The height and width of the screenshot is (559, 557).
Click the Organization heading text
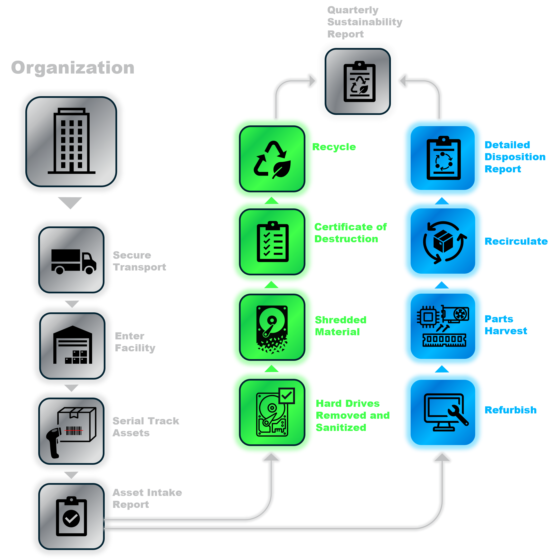click(73, 68)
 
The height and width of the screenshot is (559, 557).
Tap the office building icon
click(71, 141)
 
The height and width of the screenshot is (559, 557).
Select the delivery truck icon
click(73, 261)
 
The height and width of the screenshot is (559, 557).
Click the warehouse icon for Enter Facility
click(72, 345)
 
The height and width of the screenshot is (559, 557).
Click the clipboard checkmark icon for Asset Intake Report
click(71, 516)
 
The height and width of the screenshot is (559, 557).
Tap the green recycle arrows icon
click(272, 159)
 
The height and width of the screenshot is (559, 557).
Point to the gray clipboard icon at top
click(359, 82)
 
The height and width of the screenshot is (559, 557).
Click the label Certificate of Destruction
click(350, 233)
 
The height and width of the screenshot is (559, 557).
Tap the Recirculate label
click(516, 241)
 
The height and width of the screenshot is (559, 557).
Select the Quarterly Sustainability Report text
click(365, 22)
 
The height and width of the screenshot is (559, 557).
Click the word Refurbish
click(510, 410)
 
